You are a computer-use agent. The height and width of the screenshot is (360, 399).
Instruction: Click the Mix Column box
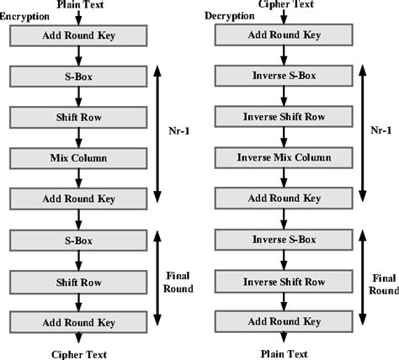pyautogui.click(x=78, y=157)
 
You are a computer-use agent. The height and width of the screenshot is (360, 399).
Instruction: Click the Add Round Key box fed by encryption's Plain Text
pyautogui.click(x=78, y=35)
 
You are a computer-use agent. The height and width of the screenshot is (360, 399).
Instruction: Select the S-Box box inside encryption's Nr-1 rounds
pyautogui.click(x=78, y=77)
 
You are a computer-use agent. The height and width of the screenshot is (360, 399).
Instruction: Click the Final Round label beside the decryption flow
pyautogui.click(x=384, y=282)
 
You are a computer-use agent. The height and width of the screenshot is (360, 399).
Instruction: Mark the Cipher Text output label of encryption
pyautogui.click(x=77, y=353)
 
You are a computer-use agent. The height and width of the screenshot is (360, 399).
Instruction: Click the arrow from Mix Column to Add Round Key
pyautogui.click(x=78, y=177)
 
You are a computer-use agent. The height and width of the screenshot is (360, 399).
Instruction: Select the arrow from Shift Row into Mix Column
pyautogui.click(x=78, y=137)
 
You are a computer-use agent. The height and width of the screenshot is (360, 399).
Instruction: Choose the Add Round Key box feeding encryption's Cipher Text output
pyautogui.click(x=78, y=320)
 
